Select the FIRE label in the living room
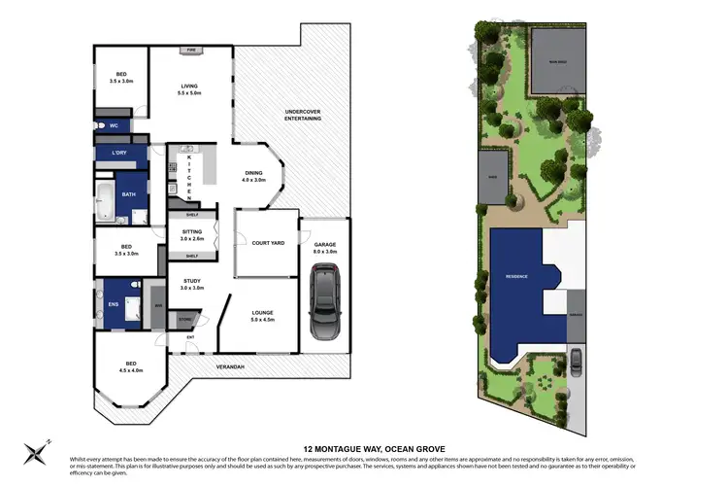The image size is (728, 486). pyautogui.click(x=192, y=49)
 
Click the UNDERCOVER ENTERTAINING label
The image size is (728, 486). pyautogui.click(x=302, y=115)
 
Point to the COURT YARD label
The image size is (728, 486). pyautogui.click(x=267, y=242)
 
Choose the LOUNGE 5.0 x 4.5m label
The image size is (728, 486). pyautogui.click(x=263, y=317)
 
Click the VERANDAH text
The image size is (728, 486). pyautogui.click(x=229, y=366)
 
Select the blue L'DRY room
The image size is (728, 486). pyautogui.click(x=119, y=154)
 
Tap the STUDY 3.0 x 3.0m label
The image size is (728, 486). pyautogui.click(x=191, y=286)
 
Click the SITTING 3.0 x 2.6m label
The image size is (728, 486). pyautogui.click(x=191, y=235)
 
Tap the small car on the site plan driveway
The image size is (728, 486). pyautogui.click(x=576, y=361)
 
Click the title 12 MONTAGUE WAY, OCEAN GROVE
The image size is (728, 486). pyautogui.click(x=363, y=437)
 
